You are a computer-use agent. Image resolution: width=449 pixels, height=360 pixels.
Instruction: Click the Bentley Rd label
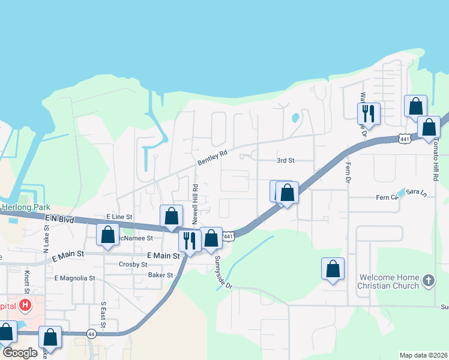(213, 158)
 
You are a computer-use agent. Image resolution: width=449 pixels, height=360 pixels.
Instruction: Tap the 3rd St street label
(286, 161)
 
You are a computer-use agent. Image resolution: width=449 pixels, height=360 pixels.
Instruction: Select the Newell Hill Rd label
(195, 205)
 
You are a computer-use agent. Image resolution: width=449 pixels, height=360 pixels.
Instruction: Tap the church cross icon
(428, 280)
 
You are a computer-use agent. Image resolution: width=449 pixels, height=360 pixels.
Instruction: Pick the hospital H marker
(25, 305)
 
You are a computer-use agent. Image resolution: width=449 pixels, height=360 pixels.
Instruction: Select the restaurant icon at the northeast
(368, 113)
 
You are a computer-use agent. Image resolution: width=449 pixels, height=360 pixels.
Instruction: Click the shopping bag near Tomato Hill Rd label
(429, 127)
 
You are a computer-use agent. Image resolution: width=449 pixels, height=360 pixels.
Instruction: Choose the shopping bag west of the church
(333, 269)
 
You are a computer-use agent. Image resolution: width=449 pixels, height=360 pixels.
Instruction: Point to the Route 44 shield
(91, 334)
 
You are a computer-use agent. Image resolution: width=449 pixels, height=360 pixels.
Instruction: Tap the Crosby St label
(133, 264)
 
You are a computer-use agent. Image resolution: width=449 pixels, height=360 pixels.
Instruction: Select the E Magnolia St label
(74, 278)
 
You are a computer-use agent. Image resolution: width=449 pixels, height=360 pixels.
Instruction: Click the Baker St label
(160, 275)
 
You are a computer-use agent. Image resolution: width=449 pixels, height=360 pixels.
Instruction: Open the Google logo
(20, 353)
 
